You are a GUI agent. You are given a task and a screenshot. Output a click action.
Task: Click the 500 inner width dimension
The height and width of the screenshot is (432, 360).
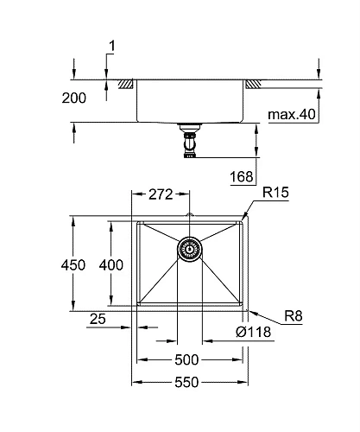click(x=188, y=359)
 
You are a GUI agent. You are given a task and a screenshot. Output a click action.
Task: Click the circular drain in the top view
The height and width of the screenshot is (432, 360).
click(x=188, y=249)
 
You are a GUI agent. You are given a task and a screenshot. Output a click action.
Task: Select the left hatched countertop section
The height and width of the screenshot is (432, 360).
click(x=126, y=84)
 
